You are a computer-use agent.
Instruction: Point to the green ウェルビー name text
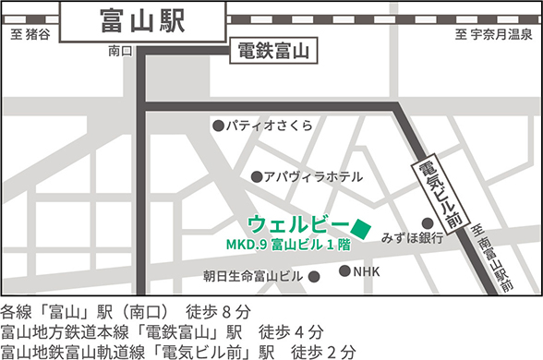click(297, 224)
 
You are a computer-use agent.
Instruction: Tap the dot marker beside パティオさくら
click(218, 126)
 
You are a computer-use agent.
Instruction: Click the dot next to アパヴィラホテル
click(256, 176)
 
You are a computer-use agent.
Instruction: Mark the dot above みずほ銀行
click(428, 222)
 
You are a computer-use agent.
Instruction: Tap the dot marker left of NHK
click(345, 271)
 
